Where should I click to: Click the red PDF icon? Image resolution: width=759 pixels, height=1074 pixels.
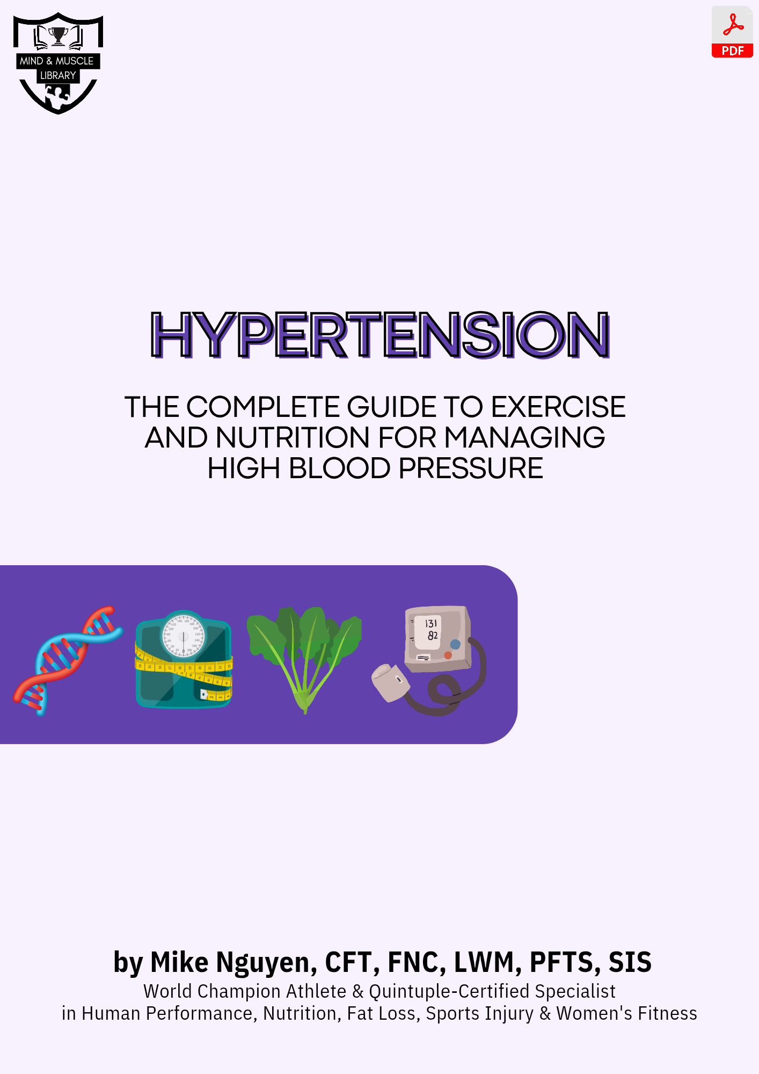point(732,32)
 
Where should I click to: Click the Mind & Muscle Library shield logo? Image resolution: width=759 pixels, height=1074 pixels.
point(58,63)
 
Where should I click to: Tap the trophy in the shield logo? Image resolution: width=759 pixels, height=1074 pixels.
point(58,36)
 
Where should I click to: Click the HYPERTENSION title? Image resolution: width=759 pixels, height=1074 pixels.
point(380,335)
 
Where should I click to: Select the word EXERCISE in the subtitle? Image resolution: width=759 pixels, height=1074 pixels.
point(558,407)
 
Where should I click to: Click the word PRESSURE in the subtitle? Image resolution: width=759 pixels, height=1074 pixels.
point(471,468)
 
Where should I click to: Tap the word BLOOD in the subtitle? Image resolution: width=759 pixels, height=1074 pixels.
point(339,468)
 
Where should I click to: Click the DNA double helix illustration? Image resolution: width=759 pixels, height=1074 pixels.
point(68,660)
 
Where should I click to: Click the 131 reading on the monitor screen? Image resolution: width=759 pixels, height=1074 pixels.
point(431,623)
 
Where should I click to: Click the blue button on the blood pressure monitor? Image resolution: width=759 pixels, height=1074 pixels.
point(455,644)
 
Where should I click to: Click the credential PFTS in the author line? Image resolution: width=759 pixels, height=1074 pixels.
point(564,962)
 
